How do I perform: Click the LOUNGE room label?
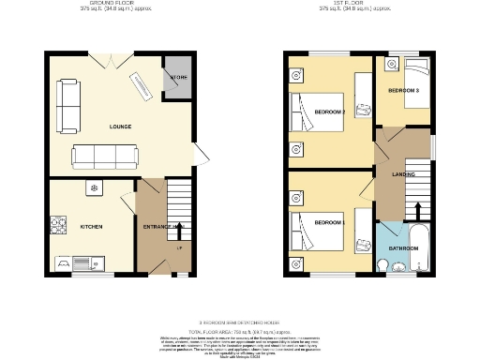(x=120, y=127)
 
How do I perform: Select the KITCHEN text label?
(x=91, y=227)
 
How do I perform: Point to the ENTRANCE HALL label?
(x=162, y=227)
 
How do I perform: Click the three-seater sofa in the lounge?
(x=105, y=155)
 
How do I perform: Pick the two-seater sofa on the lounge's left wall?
(x=68, y=105)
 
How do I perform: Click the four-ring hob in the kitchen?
(x=59, y=226)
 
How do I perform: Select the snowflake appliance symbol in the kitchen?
(x=94, y=188)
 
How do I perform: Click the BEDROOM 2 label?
(x=330, y=113)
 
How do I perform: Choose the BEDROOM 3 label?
(x=404, y=90)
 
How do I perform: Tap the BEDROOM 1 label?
(x=330, y=222)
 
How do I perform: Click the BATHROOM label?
(x=403, y=248)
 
